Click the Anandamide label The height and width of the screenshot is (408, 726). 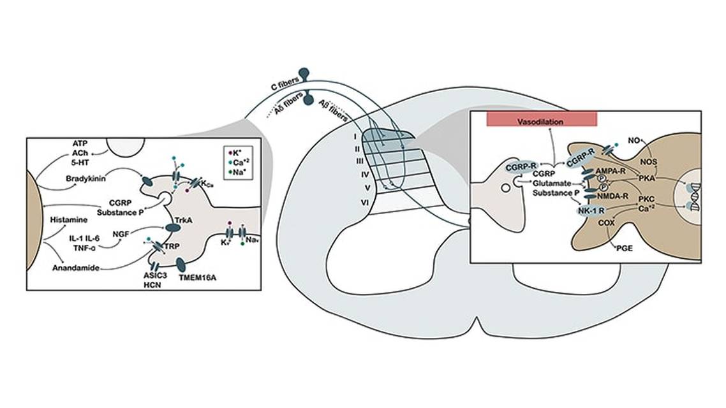coord(75,268)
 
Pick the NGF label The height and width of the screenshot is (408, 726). coord(121,234)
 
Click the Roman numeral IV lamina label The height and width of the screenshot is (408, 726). coord(346,173)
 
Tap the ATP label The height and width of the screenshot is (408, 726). coord(79,145)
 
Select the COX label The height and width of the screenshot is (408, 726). coord(606,224)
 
